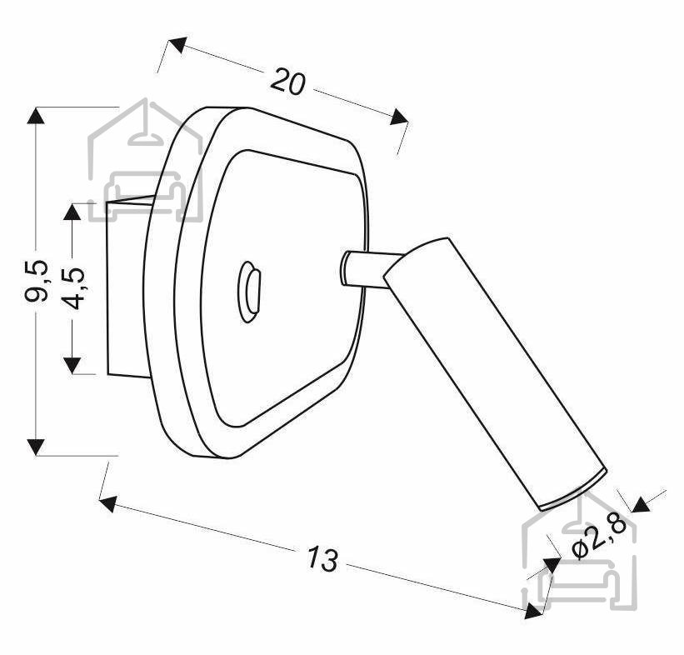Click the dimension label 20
coord(288,82)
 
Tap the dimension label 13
coord(322,558)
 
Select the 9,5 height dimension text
coord(36,281)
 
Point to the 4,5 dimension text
coord(72,288)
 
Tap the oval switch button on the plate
coord(249,292)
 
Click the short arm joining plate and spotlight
coord(371,270)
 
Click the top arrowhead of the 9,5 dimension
coord(36,116)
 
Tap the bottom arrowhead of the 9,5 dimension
coord(36,447)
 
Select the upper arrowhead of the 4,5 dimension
coord(72,212)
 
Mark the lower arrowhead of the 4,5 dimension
coord(72,365)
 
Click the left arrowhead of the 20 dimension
coord(177,44)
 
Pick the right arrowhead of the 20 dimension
coord(399,117)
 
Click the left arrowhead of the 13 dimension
coord(108,503)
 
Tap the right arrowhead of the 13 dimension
coord(533,610)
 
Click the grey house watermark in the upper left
coord(145,162)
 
